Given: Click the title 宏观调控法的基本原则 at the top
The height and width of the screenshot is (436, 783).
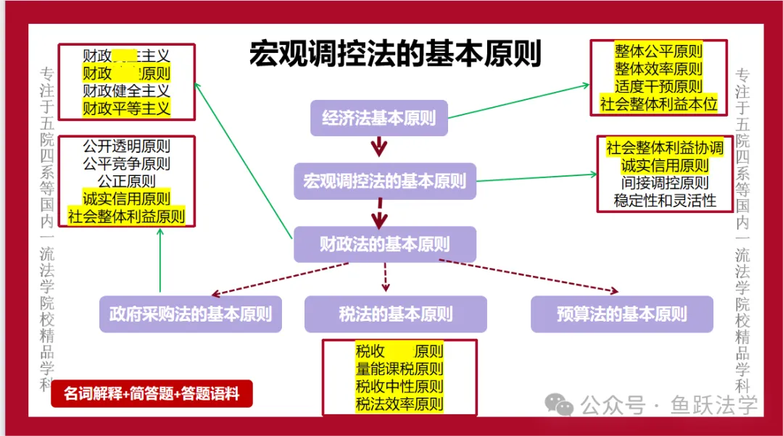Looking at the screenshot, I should click(x=395, y=54).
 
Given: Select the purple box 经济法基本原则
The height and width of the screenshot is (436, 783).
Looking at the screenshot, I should click(x=379, y=118).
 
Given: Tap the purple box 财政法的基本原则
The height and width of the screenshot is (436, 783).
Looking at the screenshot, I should click(x=384, y=244).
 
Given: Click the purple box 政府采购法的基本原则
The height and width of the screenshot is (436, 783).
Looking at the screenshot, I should click(x=191, y=314).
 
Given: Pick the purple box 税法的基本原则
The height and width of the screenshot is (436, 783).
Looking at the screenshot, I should click(x=395, y=314).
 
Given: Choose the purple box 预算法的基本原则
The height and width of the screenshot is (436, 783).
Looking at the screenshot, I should click(x=621, y=314).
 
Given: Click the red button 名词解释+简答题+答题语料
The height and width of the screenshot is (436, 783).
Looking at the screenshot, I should click(x=152, y=394).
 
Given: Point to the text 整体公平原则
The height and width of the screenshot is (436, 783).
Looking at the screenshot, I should click(x=658, y=51).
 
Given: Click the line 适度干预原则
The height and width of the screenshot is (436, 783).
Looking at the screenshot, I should click(x=658, y=86).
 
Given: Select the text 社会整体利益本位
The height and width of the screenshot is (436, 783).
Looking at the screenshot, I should click(x=658, y=104).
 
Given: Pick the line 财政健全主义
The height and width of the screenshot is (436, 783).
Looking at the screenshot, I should click(x=126, y=91).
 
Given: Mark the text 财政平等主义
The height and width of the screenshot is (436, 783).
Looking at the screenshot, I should click(x=126, y=109).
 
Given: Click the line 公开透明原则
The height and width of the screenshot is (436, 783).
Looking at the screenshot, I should click(x=126, y=146).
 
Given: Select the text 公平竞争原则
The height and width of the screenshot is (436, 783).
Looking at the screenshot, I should click(x=126, y=164).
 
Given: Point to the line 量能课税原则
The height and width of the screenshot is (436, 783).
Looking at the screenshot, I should click(x=399, y=369).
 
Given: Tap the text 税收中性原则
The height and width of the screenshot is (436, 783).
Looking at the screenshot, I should click(x=399, y=387).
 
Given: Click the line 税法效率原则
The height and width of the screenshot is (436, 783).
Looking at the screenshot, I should click(x=399, y=404).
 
